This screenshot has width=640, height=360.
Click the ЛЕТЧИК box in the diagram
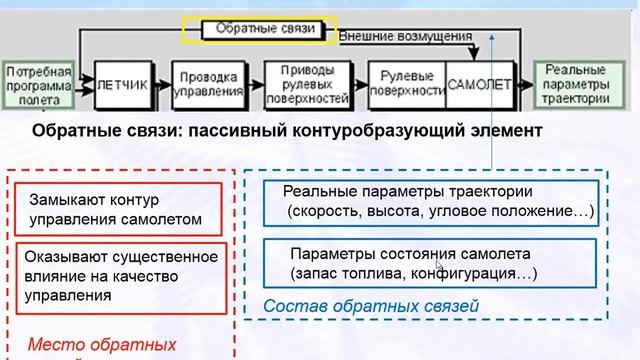[122, 85]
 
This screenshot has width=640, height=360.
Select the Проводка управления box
[208, 85]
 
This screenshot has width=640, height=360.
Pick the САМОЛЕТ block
[477, 85]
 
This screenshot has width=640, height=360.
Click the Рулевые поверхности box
[407, 85]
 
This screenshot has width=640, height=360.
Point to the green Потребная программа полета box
[38, 85]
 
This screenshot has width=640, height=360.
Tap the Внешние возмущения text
[405, 37]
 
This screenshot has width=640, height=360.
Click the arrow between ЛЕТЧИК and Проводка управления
[161, 85]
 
